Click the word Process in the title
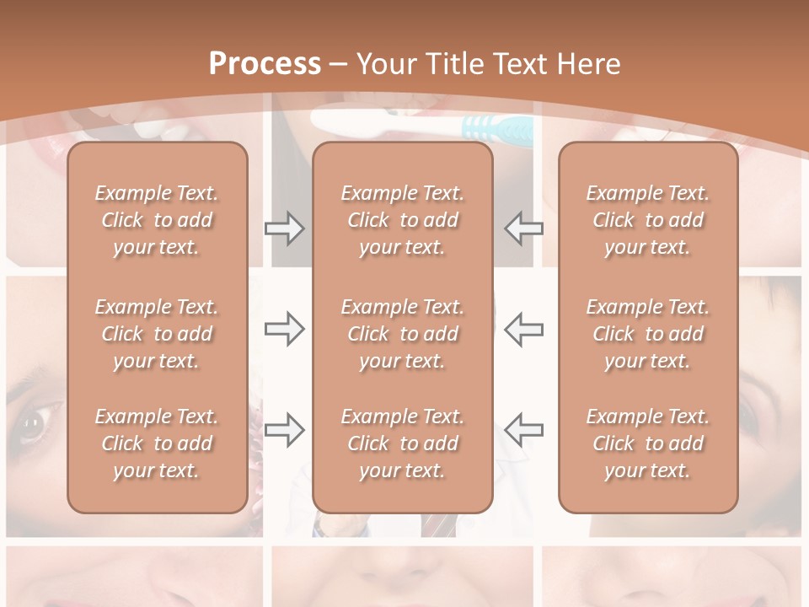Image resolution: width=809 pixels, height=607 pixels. (265, 64)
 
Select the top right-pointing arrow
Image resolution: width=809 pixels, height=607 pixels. (284, 228)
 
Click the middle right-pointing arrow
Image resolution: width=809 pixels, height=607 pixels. (284, 329)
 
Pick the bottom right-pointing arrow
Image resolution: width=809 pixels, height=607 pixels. (284, 429)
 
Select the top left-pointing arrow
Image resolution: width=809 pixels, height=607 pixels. (524, 228)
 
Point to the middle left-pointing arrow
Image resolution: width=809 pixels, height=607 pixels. (524, 329)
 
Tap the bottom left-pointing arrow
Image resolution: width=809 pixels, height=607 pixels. (524, 429)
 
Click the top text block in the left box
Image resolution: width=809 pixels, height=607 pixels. (157, 220)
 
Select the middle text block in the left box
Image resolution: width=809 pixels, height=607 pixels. (157, 334)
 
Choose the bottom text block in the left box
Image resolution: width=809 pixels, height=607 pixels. (157, 443)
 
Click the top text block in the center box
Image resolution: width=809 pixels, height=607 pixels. (402, 220)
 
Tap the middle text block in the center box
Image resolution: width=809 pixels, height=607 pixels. (402, 334)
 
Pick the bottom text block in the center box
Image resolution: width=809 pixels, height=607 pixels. (402, 443)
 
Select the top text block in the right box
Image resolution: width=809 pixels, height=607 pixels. (647, 220)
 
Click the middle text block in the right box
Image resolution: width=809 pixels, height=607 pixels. (647, 334)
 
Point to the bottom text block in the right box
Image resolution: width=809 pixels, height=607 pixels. (647, 443)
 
